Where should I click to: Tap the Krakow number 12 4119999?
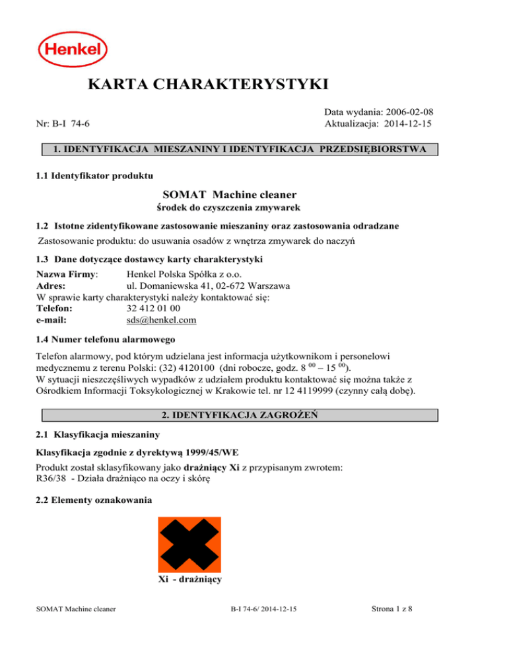tap(312, 392)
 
